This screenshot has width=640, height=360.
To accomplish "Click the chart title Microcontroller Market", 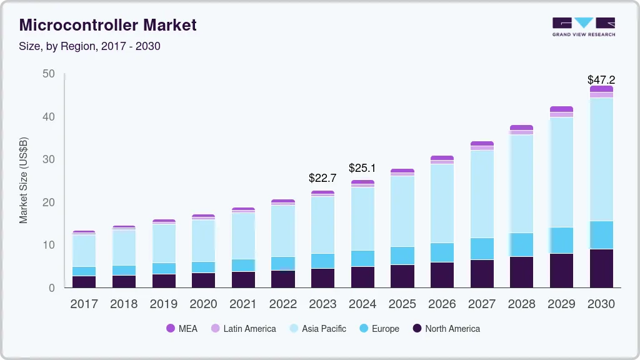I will [107, 25].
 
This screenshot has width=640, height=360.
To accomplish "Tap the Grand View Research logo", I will [583, 27].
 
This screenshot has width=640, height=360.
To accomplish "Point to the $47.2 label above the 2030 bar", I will [601, 80].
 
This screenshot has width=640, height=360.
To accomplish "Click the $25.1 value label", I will [362, 168].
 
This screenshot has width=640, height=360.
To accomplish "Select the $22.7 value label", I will [322, 178].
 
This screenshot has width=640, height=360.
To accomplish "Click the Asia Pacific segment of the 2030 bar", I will [601, 159].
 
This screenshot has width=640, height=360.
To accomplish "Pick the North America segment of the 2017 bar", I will [84, 281].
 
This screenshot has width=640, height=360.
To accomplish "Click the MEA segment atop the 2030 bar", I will [601, 89].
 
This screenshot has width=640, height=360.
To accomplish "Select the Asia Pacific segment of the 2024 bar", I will [362, 219].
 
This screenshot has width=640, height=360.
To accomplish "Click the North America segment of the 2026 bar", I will [442, 274].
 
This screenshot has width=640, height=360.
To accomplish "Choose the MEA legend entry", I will [182, 329].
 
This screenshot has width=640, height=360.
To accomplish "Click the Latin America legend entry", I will [243, 329].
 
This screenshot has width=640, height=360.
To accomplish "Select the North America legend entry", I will [446, 329].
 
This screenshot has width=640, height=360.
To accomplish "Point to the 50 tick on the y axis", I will [49, 74].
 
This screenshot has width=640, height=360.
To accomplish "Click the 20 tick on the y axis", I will [49, 202].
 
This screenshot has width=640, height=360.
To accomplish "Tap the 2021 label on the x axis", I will [243, 304].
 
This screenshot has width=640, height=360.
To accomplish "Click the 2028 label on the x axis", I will [521, 304].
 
